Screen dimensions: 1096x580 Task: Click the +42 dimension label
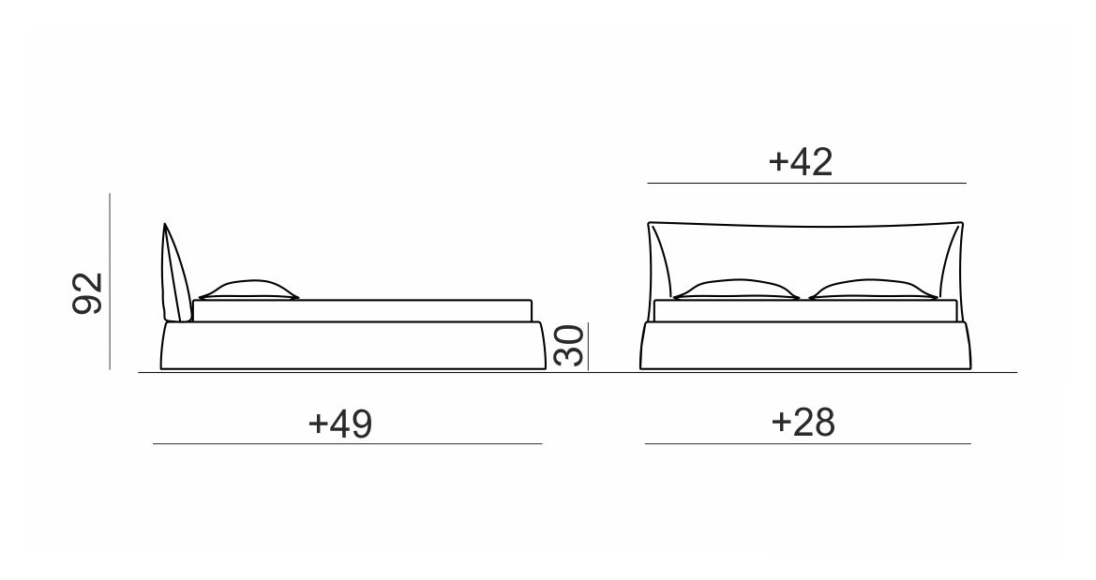coord(801,161)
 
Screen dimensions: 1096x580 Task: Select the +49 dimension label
coord(340,424)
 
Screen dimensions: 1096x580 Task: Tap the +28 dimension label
coord(803,422)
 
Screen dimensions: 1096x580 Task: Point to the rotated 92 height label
coord(88,293)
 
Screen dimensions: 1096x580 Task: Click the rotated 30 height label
coord(569,345)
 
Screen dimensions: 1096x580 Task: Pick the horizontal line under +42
coord(806,183)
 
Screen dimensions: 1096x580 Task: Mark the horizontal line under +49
coord(348,443)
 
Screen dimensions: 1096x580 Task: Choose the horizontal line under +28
coord(808,443)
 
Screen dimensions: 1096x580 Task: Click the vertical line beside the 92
coord(110,281)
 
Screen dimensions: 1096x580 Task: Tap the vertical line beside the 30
coord(588,346)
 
